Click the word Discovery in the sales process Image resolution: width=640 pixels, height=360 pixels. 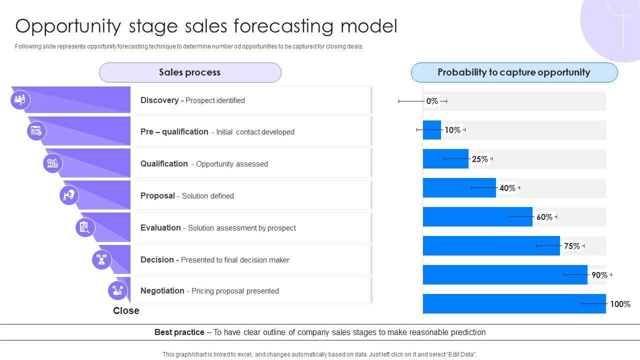159,100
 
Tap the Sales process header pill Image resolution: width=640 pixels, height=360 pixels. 190,72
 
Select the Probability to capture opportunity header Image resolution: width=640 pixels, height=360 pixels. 514,72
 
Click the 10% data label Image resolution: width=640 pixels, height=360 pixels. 452,130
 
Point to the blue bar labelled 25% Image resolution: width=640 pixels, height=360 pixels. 445,159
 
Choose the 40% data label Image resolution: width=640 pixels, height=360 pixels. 507,188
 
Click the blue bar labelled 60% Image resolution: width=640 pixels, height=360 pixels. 477,217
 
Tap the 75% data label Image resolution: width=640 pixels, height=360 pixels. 572,246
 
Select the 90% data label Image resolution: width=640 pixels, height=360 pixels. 599,275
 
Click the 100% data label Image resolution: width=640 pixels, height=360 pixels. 620,304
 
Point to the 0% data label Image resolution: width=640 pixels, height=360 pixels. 432,101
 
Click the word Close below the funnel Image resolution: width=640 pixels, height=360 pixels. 126,311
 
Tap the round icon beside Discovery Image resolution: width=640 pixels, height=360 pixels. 20,100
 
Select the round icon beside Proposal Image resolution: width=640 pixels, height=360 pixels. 69,195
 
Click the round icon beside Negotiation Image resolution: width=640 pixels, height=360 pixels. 118,290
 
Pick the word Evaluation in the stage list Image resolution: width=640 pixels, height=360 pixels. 160,228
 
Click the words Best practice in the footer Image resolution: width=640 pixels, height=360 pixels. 179,332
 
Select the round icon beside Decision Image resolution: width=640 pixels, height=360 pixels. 102,259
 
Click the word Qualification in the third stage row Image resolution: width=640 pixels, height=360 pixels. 164,164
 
